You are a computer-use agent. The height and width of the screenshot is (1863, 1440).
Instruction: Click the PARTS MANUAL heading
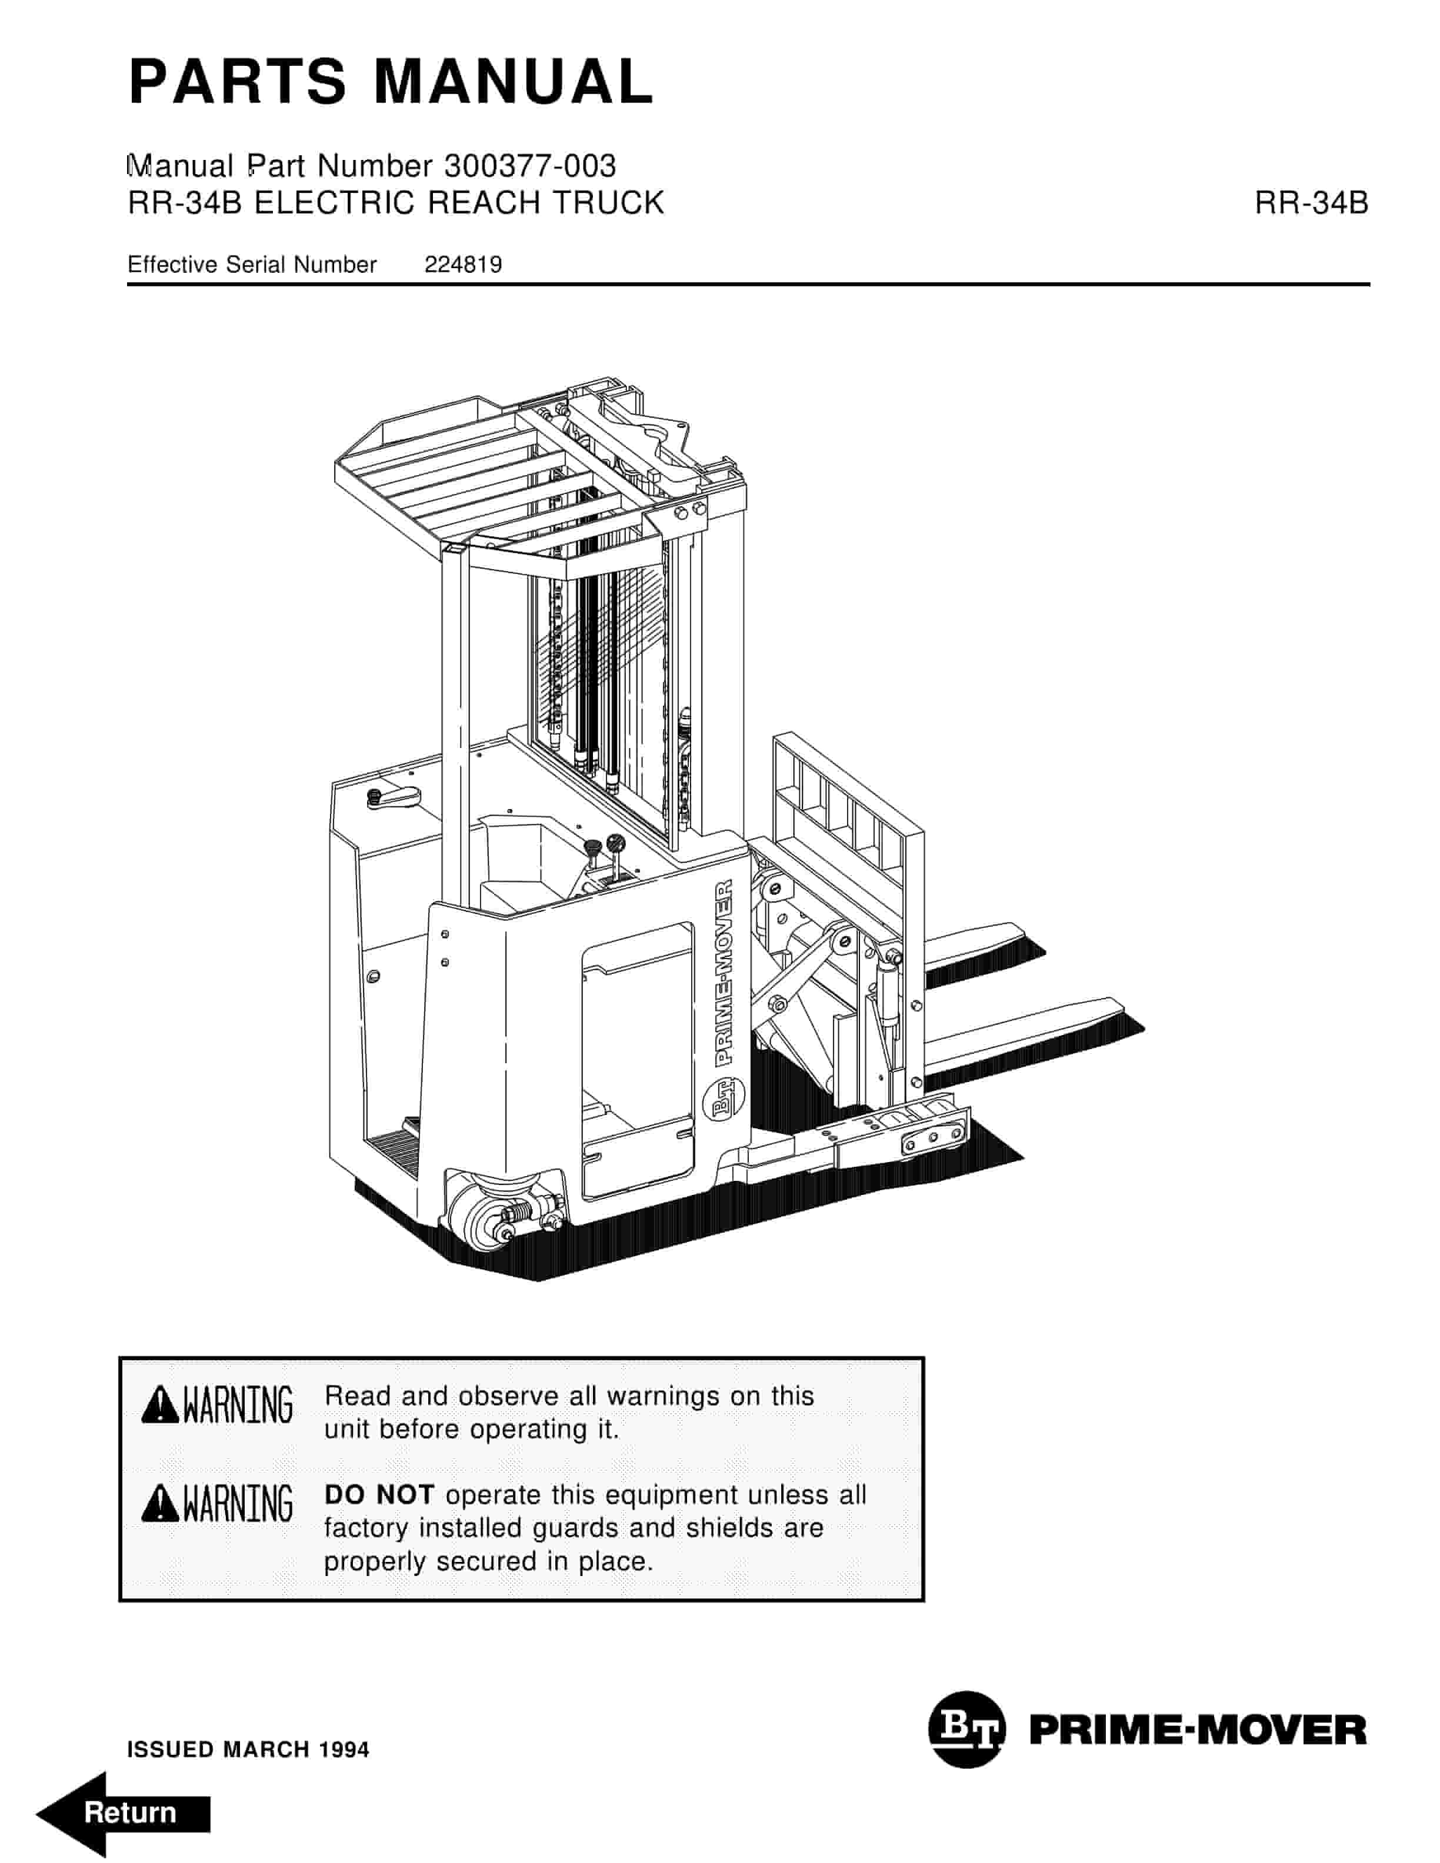pos(391,83)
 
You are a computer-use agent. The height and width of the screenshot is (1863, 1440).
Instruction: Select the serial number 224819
pos(463,265)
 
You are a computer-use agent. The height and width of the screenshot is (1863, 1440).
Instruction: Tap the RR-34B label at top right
pos(1311,203)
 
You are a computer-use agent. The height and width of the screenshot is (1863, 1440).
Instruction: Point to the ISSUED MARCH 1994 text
pos(248,1750)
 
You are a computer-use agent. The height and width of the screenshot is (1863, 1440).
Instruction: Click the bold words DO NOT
pos(379,1494)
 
